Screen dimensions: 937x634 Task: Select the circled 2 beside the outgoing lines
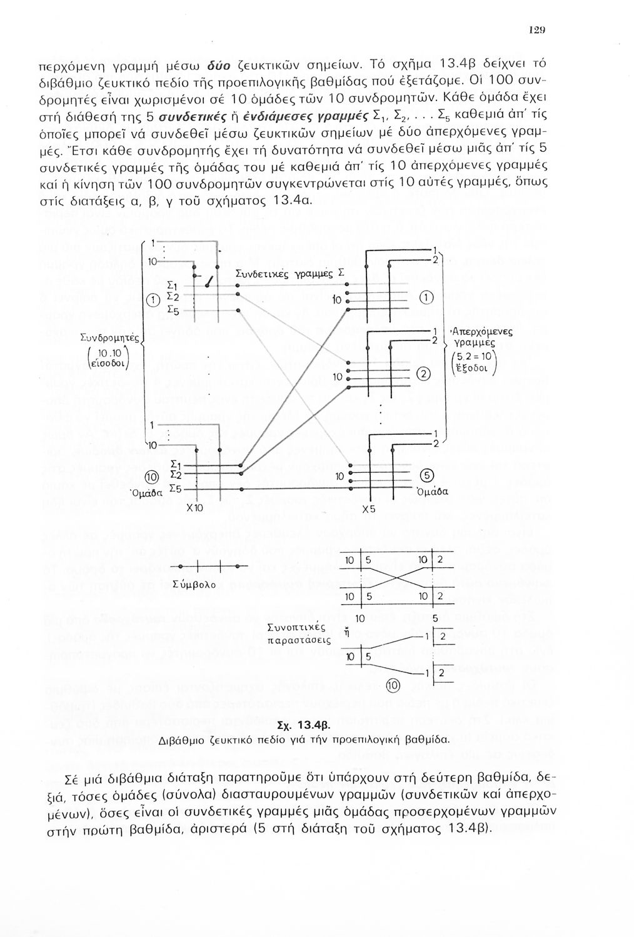coord(425,375)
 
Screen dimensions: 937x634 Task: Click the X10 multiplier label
coord(195,508)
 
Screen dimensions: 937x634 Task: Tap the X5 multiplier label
coord(369,508)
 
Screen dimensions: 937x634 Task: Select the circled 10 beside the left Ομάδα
coord(150,477)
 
